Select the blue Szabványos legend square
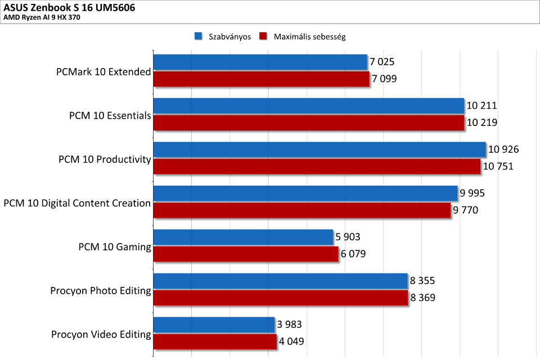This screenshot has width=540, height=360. tap(198, 37)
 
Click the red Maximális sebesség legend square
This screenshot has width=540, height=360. tap(262, 37)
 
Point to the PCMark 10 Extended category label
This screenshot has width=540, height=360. tap(103, 72)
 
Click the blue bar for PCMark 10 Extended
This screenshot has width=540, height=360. tap(260, 62)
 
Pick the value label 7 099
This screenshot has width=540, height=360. tap(384, 79)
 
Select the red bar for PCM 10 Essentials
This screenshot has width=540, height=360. tap(308, 123)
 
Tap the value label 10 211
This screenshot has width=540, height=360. tap(481, 106)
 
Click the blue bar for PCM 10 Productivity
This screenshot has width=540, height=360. tap(319, 150)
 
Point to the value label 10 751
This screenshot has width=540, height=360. tap(498, 166)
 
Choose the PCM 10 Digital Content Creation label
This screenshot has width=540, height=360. tap(77, 203)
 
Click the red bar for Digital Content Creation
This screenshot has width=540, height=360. tap(301, 210)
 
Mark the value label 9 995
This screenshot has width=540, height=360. tap(472, 193)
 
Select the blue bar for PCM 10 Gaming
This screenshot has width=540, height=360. tap(243, 237)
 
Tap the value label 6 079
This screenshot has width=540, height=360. tap(353, 254)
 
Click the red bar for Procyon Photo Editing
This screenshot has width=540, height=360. tap(280, 298)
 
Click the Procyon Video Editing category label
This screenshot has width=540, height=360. tap(101, 335)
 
